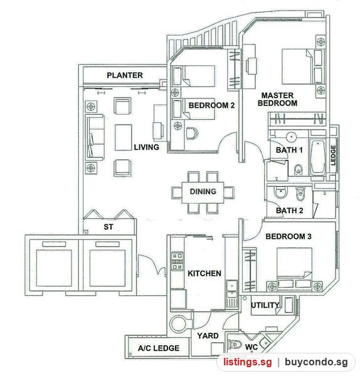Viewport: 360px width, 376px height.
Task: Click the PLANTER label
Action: pos(125,75)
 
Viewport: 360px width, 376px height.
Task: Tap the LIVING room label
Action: pos(146,147)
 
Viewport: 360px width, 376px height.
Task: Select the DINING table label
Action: pos(203,191)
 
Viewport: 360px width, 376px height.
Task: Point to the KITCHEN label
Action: pos(204,273)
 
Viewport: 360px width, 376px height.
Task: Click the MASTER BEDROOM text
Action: pos(277,99)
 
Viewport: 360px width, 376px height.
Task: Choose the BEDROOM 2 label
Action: pos(211,105)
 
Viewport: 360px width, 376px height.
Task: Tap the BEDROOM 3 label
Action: pos(289,236)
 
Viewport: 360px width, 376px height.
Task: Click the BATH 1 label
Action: pos(289,150)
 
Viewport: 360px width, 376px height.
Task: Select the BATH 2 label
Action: pos(289,211)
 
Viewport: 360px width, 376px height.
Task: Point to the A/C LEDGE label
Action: pos(159,348)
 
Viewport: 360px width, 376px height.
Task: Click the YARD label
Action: pos(208,336)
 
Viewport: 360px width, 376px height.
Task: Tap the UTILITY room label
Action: pos(265,305)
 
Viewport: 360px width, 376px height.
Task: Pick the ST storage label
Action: pos(109,227)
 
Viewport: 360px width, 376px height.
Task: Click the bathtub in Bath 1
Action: pos(318,157)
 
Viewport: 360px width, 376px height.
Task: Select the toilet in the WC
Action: pos(235,344)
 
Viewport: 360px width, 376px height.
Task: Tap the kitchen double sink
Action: pos(231,290)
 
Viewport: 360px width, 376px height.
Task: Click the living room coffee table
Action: pos(124,137)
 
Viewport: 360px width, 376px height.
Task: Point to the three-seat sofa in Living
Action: pos(95,137)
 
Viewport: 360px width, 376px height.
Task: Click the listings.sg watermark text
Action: pos(248,362)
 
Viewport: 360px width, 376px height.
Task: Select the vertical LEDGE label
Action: pos(333,155)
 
